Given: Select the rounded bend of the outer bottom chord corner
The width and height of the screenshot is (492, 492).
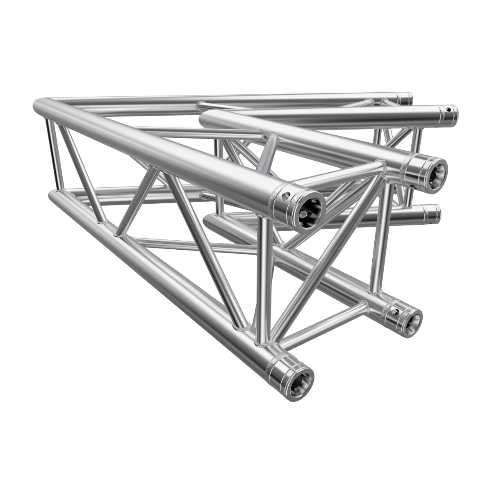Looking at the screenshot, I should [x=53, y=196].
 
